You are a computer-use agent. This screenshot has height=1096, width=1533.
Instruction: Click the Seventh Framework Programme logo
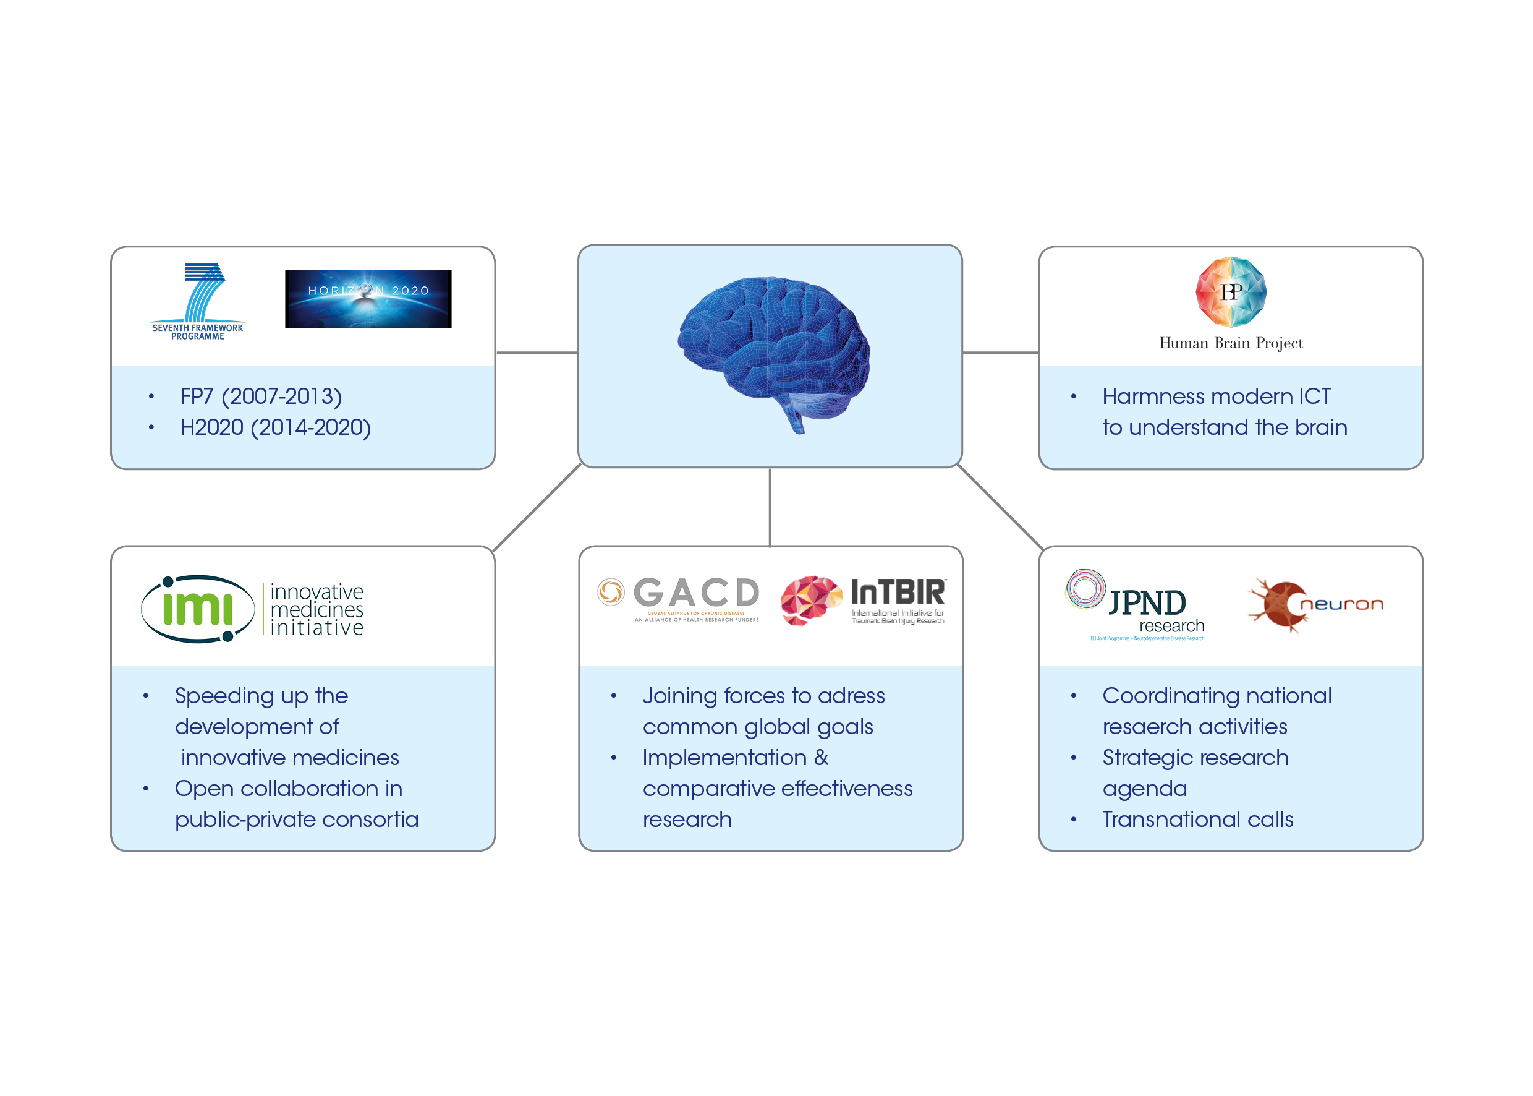click(x=198, y=301)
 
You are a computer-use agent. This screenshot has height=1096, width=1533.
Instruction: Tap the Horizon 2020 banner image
click(x=368, y=299)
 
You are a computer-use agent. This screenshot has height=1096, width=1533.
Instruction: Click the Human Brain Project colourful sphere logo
click(x=1230, y=291)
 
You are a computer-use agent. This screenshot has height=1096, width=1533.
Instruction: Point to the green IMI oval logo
click(x=197, y=608)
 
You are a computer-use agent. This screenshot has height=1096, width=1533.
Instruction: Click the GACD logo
click(x=679, y=598)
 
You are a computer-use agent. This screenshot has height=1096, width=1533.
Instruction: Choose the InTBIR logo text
click(x=897, y=593)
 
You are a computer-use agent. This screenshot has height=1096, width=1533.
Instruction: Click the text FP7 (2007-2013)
click(x=261, y=396)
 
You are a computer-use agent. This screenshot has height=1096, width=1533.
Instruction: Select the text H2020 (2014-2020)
click(x=275, y=427)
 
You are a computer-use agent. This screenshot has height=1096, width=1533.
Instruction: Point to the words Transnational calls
click(x=1197, y=820)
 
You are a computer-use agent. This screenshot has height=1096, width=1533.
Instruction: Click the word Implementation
click(x=724, y=757)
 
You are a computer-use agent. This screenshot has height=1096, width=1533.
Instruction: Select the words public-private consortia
click(x=297, y=820)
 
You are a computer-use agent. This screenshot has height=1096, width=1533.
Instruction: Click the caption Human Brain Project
click(x=1230, y=343)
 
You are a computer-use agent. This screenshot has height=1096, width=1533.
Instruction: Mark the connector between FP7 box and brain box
click(x=537, y=353)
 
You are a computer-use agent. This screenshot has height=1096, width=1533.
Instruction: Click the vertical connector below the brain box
click(x=770, y=507)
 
